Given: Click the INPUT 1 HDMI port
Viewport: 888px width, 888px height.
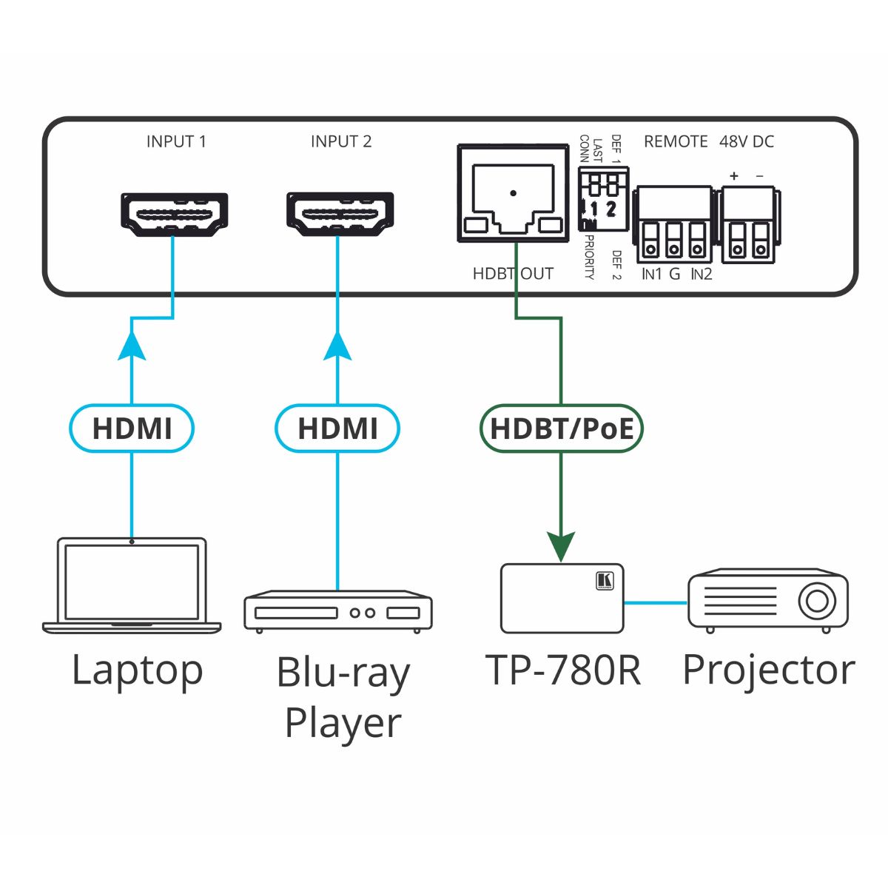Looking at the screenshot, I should click(174, 214).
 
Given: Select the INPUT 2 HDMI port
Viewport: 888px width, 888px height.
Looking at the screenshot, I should click(340, 214).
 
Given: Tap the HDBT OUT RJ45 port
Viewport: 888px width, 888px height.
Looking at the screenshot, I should click(512, 195).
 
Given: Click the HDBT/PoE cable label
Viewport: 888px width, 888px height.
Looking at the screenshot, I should click(562, 428).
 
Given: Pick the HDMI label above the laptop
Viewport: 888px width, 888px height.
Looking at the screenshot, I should click(132, 428).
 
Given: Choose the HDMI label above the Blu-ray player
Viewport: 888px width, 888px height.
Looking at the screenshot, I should click(337, 428).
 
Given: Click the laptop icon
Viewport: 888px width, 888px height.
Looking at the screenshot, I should click(132, 585).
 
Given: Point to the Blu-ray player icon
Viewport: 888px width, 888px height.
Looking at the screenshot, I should click(338, 611).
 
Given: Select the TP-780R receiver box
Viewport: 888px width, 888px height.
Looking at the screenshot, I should click(562, 598).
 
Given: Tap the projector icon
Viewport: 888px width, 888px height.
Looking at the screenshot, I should click(768, 600).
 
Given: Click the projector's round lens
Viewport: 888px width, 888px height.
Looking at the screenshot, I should click(817, 600).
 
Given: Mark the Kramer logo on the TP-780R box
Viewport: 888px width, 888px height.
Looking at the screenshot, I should click(605, 581).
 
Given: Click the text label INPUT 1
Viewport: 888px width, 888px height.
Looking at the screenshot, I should click(176, 141).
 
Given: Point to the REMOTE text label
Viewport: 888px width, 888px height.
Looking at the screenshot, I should click(676, 141).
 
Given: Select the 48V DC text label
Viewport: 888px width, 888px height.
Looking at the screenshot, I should click(747, 141).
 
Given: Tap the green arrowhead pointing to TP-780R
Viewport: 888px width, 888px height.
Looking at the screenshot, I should click(562, 547).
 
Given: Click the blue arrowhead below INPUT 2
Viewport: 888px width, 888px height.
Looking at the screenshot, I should click(338, 346).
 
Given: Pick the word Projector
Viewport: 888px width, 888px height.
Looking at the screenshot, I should click(768, 670).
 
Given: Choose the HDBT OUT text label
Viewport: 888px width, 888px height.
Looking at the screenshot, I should click(513, 274).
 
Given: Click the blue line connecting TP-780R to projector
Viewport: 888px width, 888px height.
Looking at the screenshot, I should click(656, 602).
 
